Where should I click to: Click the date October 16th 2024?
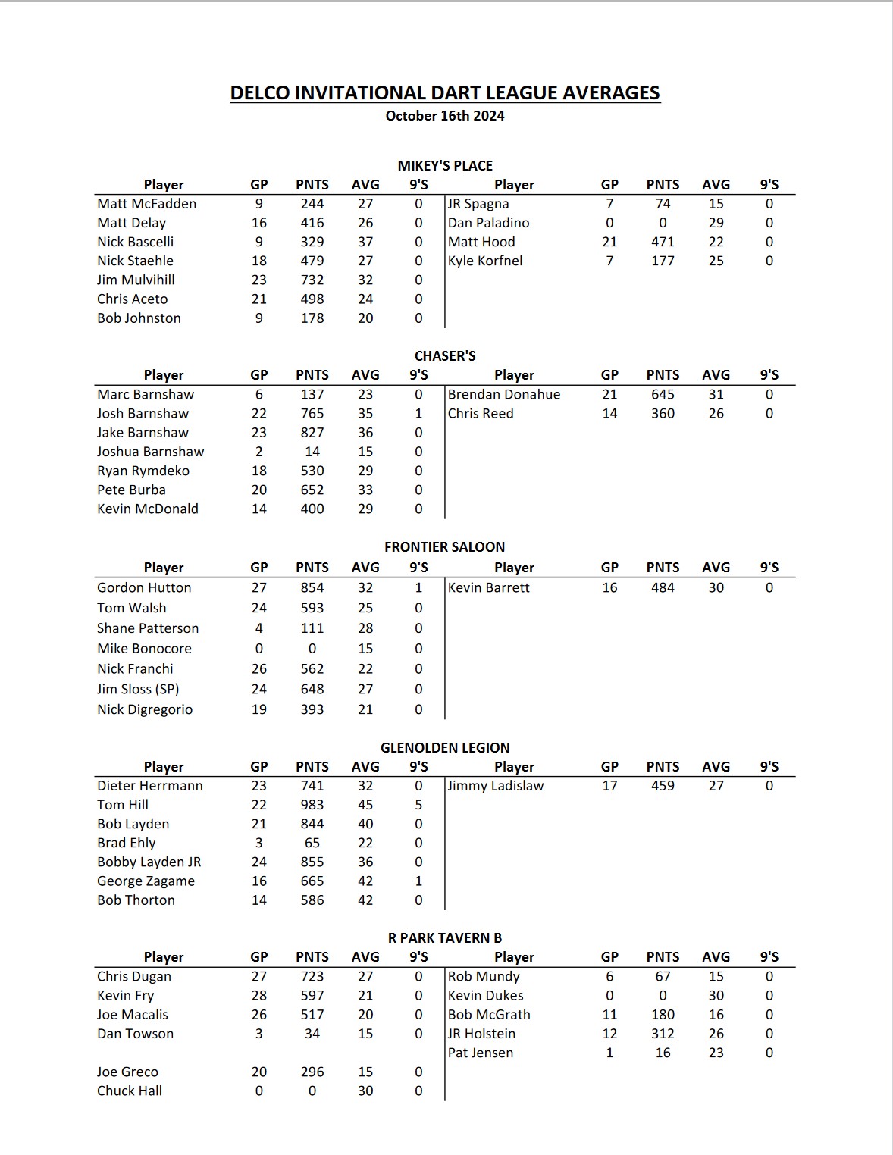[x=445, y=116]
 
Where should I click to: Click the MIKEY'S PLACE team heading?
[x=445, y=166]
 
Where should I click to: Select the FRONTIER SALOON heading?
[x=444, y=547]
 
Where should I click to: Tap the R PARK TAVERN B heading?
[x=445, y=938]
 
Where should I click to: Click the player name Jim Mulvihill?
[x=136, y=280]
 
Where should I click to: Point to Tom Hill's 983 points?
[x=312, y=805]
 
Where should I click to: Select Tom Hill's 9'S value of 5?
[x=418, y=805]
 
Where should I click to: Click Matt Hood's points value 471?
[x=663, y=242]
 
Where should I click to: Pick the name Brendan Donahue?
[x=504, y=394]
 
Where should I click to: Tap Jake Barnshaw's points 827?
[x=312, y=433]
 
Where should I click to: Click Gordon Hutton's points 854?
[x=312, y=587]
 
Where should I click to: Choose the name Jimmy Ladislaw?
[x=496, y=786]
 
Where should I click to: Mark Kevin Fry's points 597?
[x=312, y=996]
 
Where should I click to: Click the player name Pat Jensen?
[x=481, y=1053]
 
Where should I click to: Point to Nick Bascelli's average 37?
[x=365, y=242]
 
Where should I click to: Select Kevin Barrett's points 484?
[x=663, y=587]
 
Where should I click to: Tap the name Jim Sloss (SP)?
[x=138, y=689]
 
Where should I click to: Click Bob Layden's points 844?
[x=312, y=824]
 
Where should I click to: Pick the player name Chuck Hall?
[x=130, y=1091]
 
